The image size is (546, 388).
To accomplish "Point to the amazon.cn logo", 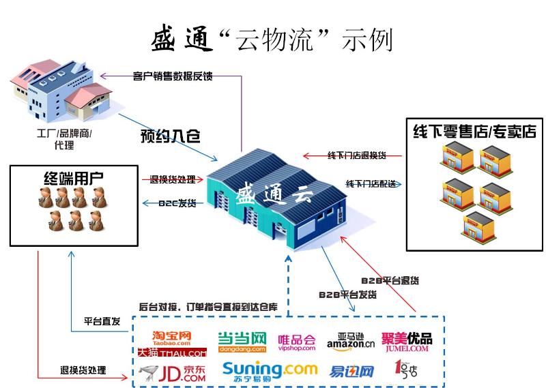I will (x=351, y=341).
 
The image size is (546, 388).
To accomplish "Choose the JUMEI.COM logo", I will (x=407, y=341).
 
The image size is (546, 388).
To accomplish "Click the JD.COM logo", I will (x=171, y=372).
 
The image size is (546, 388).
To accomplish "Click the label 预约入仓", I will (x=171, y=135).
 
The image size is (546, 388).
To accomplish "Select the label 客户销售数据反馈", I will (x=173, y=76).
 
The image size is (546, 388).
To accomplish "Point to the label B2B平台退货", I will (x=390, y=280).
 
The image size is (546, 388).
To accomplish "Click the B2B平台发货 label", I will (x=348, y=295).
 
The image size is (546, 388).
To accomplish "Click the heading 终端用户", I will (x=69, y=179).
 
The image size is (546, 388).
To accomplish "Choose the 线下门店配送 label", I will (x=371, y=184).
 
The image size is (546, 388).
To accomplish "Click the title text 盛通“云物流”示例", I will (x=272, y=40).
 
